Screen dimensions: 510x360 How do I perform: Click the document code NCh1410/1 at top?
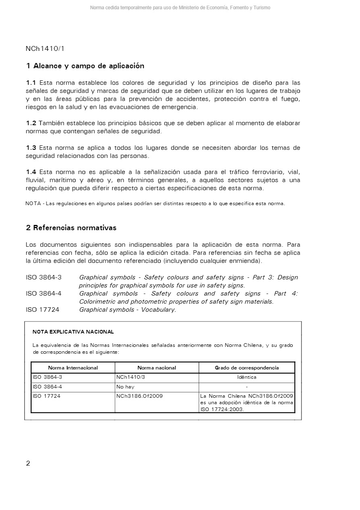coord(45,49)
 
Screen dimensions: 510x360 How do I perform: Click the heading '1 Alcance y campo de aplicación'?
coord(85,66)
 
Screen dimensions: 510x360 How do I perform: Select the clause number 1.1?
coord(31,83)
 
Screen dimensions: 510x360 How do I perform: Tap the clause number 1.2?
coord(31,123)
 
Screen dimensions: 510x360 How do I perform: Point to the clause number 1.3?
coord(31,148)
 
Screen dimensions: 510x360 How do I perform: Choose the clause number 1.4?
coord(31,172)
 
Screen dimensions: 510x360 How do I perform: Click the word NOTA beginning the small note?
coord(33,204)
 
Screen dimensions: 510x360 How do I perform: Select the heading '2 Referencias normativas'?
coord(71,228)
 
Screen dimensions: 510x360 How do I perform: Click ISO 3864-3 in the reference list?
coord(43,277)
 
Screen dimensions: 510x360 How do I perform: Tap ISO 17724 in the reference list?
coord(42,310)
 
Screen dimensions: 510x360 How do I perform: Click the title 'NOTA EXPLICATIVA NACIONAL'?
coord(73,332)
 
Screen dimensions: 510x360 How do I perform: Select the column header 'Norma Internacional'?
coord(73,368)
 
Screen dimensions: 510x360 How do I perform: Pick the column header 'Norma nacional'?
coord(157,368)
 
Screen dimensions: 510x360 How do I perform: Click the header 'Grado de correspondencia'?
coord(247,368)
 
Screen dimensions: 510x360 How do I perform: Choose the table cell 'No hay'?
coord(125,387)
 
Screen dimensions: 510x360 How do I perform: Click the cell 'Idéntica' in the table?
coord(247,377)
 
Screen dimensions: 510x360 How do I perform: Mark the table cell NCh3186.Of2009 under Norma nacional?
coord(139,396)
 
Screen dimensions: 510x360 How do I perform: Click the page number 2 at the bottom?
coord(28,463)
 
